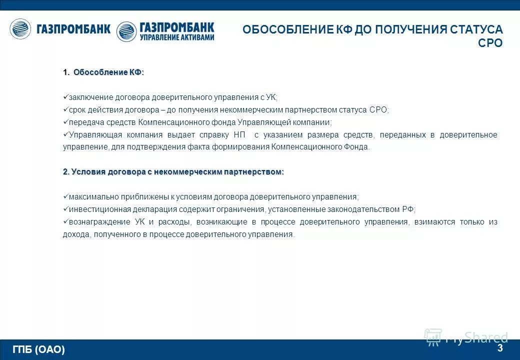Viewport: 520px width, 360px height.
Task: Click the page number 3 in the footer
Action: [499, 348]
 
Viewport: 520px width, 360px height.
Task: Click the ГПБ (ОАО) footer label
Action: [39, 349]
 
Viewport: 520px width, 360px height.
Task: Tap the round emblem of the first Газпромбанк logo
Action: [20, 29]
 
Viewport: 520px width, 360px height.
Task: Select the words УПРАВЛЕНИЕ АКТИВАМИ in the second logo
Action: [177, 37]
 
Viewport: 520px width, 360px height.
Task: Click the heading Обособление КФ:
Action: [108, 72]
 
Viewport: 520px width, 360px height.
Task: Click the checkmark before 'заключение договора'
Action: [65, 97]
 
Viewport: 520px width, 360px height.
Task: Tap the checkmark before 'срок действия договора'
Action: [65, 110]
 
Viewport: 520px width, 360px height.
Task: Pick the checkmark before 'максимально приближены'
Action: [65, 197]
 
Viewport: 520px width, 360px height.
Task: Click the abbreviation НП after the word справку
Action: [238, 135]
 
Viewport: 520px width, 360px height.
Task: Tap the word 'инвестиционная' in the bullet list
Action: [93, 209]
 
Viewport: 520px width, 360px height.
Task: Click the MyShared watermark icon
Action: [433, 336]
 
